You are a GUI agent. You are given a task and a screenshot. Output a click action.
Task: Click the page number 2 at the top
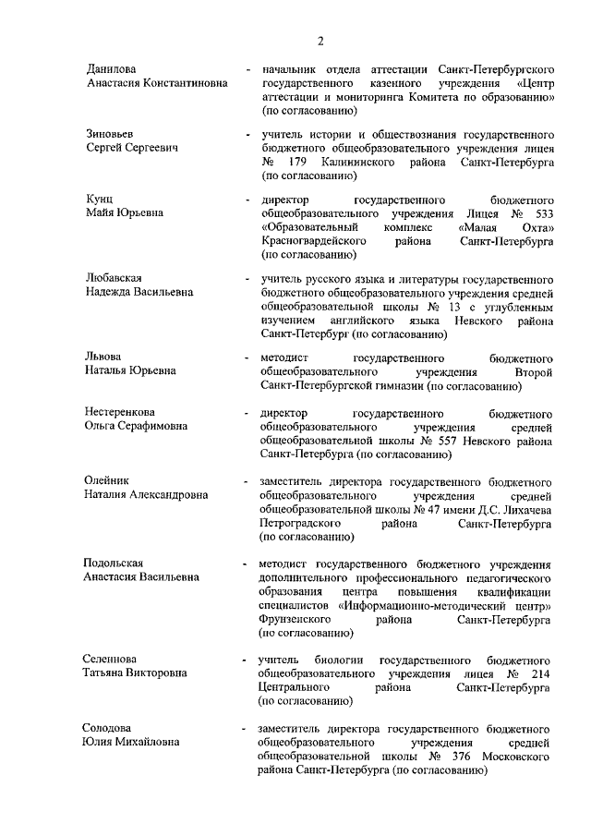pos(320,40)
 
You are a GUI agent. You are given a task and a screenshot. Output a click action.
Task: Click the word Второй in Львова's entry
pos(534,370)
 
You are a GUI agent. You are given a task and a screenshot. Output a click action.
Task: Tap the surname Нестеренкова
pos(121,412)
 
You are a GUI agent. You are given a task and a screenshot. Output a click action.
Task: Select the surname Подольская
pos(115,563)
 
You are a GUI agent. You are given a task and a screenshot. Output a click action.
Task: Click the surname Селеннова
pos(112,660)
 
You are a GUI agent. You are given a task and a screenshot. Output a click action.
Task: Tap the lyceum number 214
pos(540,674)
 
